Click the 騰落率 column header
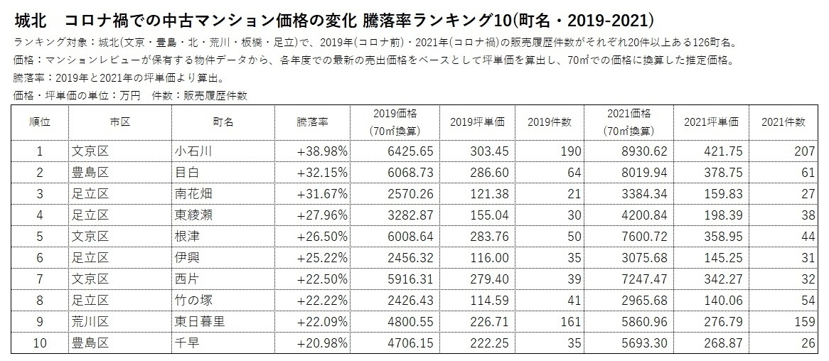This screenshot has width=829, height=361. click(312, 122)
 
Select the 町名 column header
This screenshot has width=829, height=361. click(223, 122)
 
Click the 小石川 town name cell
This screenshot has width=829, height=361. click(194, 151)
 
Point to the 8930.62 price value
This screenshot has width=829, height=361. click(643, 151)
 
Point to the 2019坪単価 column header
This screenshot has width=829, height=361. click(477, 122)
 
